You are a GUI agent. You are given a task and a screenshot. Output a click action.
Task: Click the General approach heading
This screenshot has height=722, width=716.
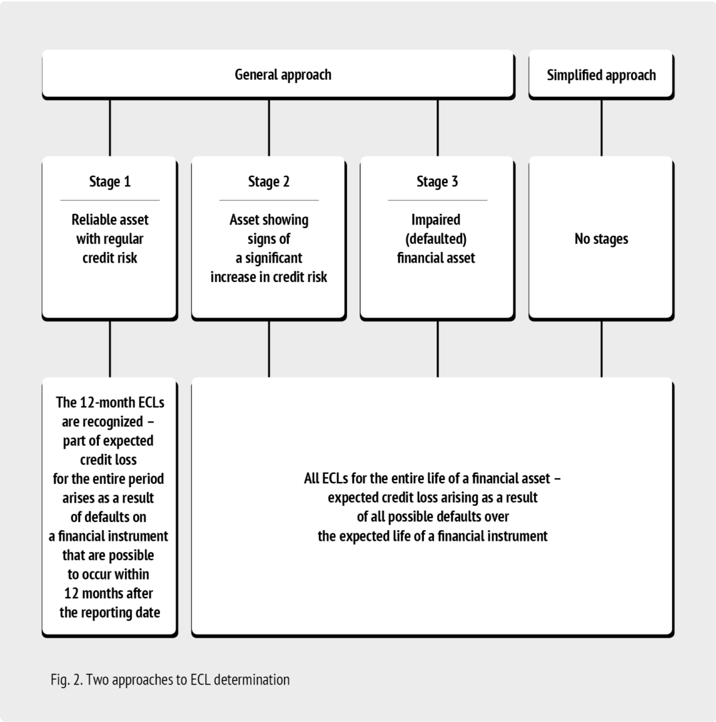283,75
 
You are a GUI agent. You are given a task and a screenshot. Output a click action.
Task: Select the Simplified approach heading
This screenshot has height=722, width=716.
601,75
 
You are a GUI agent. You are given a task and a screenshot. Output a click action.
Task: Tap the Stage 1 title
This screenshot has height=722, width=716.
110,181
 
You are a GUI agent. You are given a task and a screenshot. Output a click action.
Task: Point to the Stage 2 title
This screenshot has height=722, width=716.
269,181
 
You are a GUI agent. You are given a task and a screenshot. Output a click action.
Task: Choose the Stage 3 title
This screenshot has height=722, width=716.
437,181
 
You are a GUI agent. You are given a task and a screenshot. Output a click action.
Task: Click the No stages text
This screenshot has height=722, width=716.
602,239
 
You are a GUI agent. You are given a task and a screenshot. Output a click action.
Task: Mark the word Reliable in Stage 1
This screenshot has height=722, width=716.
90,220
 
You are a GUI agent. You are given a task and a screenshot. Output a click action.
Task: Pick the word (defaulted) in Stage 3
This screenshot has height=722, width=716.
436,239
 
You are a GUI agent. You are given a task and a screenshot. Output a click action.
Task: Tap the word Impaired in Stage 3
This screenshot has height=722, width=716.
436,220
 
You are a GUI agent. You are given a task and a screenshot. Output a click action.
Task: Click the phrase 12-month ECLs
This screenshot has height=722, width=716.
122,402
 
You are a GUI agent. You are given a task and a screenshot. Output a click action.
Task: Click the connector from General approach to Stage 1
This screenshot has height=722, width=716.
110,128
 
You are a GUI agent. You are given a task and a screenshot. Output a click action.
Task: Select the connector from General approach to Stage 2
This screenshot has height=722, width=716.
269,128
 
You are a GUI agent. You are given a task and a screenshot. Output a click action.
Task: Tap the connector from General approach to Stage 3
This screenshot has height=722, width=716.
437,128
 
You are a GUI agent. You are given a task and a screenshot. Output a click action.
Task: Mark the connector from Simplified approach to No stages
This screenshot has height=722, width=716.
602,128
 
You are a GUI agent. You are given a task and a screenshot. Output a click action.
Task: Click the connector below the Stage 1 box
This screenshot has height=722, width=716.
110,349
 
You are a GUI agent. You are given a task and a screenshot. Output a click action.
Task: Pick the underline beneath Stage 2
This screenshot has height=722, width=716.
269,201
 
